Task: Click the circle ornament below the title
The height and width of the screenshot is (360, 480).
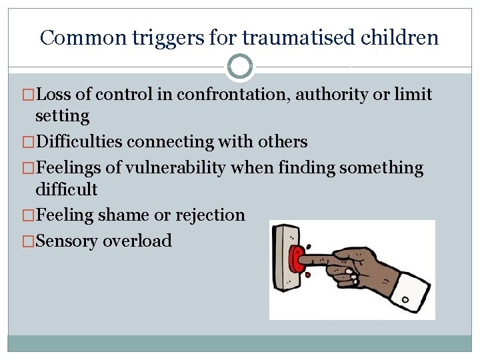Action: coord(240,67)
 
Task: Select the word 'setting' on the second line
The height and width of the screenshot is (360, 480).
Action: coord(62,116)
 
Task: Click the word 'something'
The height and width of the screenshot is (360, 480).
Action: coord(381,167)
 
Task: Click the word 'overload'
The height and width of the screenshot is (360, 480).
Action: coord(137,241)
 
